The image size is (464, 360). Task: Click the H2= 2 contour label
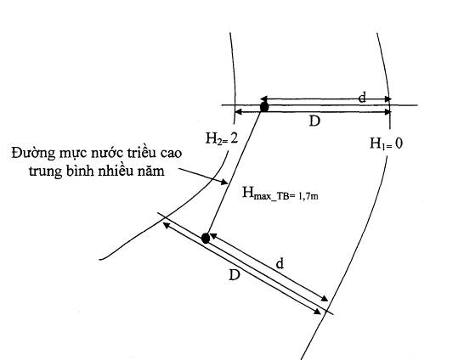222,138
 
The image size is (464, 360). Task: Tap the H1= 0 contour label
386,143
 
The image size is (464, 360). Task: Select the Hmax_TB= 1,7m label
280,194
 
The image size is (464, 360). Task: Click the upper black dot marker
264,106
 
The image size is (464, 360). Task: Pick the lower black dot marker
206,238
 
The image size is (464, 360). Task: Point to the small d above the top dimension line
362,98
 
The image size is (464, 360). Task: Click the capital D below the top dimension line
314,121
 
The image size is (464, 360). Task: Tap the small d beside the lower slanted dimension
280,264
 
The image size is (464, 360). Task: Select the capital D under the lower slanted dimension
235,275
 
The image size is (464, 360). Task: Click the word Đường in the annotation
33,154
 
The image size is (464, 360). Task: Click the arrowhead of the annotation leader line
224,182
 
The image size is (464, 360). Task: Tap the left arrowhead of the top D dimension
238,112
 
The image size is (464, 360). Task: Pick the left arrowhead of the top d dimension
263,98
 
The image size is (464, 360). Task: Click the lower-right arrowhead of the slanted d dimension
325,299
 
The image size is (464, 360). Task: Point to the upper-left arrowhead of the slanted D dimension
167,225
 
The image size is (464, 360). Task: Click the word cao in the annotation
173,154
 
